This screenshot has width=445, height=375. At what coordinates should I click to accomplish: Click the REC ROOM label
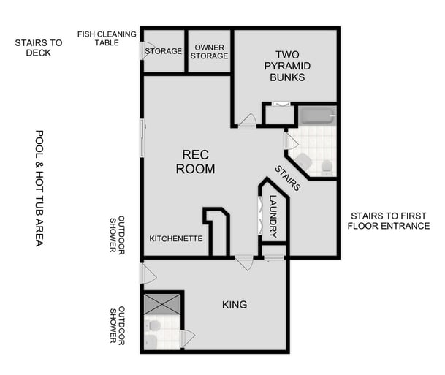[198, 162]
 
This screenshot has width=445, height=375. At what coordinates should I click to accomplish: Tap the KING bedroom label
[234, 304]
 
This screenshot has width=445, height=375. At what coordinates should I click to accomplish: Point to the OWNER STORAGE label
[210, 52]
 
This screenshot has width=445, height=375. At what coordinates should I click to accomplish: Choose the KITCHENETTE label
[175, 239]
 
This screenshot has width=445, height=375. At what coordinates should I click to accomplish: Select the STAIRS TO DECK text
[39, 48]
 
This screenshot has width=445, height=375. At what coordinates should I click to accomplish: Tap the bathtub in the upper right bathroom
[316, 115]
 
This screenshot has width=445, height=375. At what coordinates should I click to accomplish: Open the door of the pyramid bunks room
[248, 121]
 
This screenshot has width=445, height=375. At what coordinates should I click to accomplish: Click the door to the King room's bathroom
[187, 338]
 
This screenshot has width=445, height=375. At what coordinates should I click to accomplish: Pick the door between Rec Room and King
[244, 261]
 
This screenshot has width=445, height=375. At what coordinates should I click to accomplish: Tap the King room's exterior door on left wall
[147, 274]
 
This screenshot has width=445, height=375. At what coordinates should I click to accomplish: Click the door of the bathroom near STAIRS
[290, 140]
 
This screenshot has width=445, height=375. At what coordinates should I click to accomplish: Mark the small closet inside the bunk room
[278, 115]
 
